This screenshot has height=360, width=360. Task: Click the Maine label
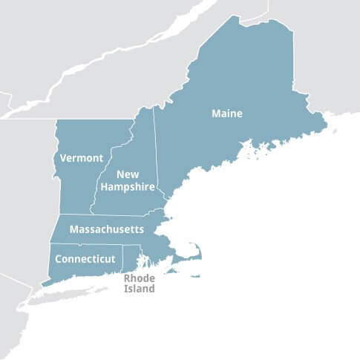click(227, 114)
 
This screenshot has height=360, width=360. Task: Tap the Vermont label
click(82, 158)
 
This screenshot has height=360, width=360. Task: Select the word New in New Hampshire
click(128, 174)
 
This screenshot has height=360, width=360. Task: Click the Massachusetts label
click(106, 230)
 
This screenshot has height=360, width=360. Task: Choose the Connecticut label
click(85, 259)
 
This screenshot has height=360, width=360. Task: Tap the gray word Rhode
click(139, 278)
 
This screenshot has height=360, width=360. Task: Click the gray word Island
click(139, 289)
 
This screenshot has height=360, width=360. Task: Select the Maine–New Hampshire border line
click(157, 156)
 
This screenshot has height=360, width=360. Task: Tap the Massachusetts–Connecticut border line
click(85, 244)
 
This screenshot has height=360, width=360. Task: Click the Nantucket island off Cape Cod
click(195, 276)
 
